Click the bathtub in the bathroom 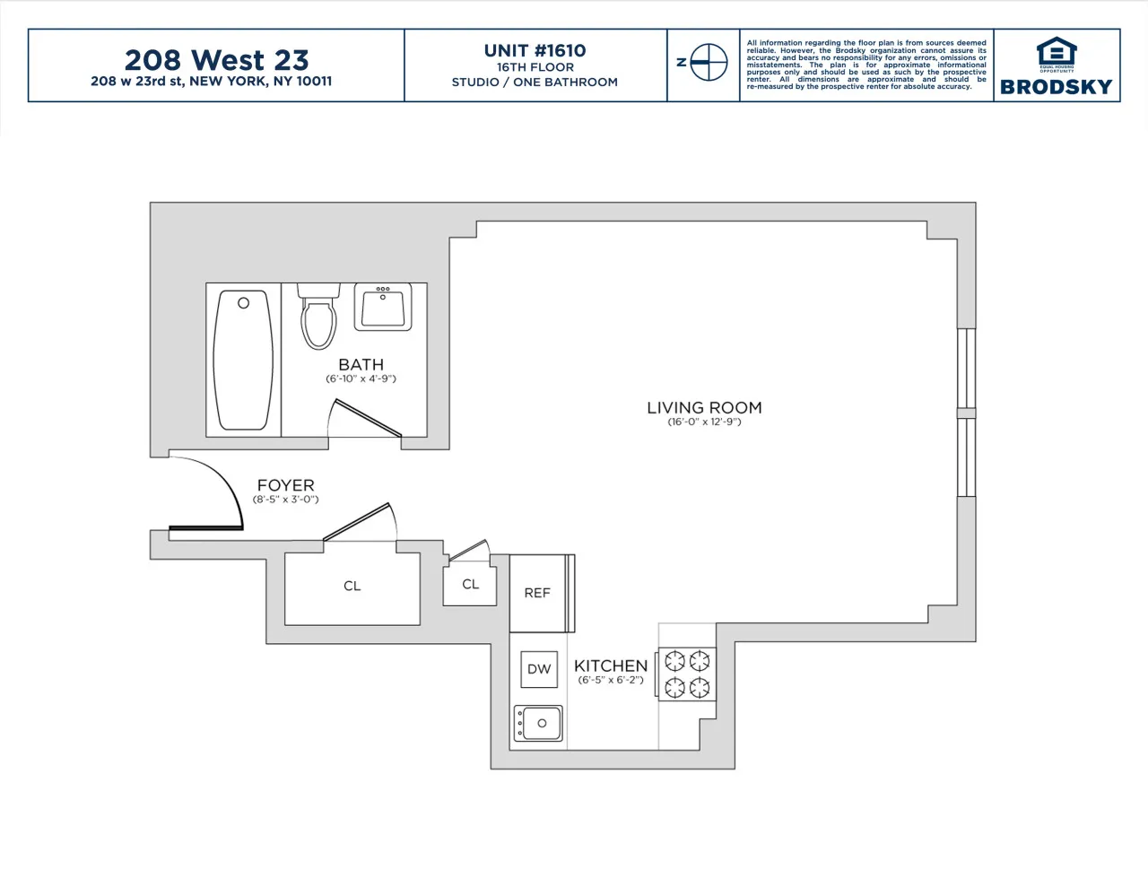click(243, 360)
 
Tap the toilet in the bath click(318, 319)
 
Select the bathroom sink click(385, 308)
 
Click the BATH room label click(361, 364)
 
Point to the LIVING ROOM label click(704, 407)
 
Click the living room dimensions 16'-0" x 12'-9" click(704, 422)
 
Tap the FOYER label click(285, 485)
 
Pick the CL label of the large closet click(352, 586)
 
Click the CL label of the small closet click(470, 584)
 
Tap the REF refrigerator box click(537, 593)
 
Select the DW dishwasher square click(539, 669)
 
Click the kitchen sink click(538, 723)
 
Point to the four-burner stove click(687, 674)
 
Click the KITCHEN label click(611, 665)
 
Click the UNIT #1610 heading click(535, 50)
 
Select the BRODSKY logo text click(1056, 87)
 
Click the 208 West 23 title click(216, 59)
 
